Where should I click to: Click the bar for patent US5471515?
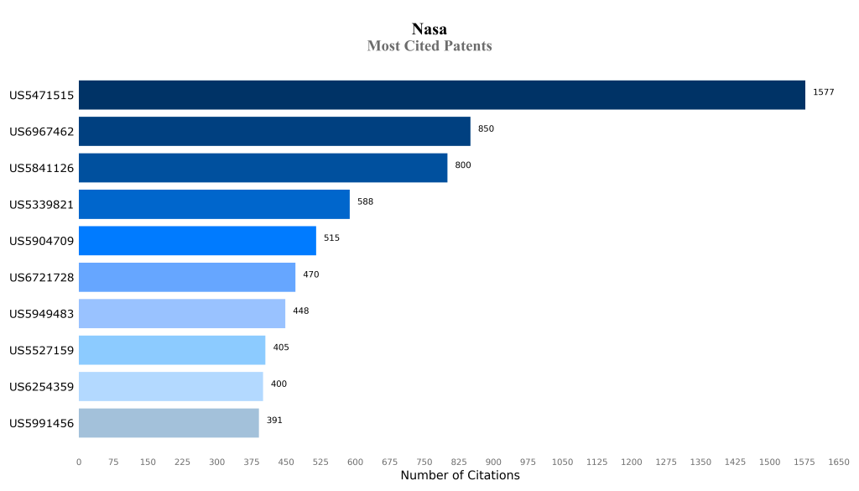[x=442, y=95]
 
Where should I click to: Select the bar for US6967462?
[x=274, y=132]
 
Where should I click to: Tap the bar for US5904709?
[x=197, y=241]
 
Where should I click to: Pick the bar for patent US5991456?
[x=169, y=423]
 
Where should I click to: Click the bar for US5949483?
[x=182, y=314]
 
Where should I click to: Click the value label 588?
[x=365, y=201]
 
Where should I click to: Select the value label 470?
[x=310, y=274]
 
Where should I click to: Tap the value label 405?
[x=281, y=347]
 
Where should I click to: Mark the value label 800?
[x=463, y=165]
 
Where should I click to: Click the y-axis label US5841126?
[x=42, y=168]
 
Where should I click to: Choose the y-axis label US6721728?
[x=42, y=278]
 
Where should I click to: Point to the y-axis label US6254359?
[x=42, y=387]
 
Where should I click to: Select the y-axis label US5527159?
[x=42, y=351]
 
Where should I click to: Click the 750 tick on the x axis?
[x=424, y=462]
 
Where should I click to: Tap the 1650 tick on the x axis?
[x=839, y=462]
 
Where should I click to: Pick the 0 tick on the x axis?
[x=79, y=462]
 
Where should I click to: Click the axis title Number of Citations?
[x=460, y=476]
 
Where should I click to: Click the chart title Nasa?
[x=429, y=29]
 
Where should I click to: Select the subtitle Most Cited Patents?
[x=429, y=46]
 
